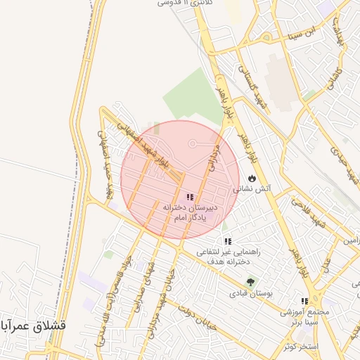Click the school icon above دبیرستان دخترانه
coord(191,198)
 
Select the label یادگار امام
coord(188,218)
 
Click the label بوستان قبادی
coord(251,292)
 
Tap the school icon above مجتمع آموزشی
coord(304,300)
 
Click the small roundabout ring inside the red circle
coord(192,144)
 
